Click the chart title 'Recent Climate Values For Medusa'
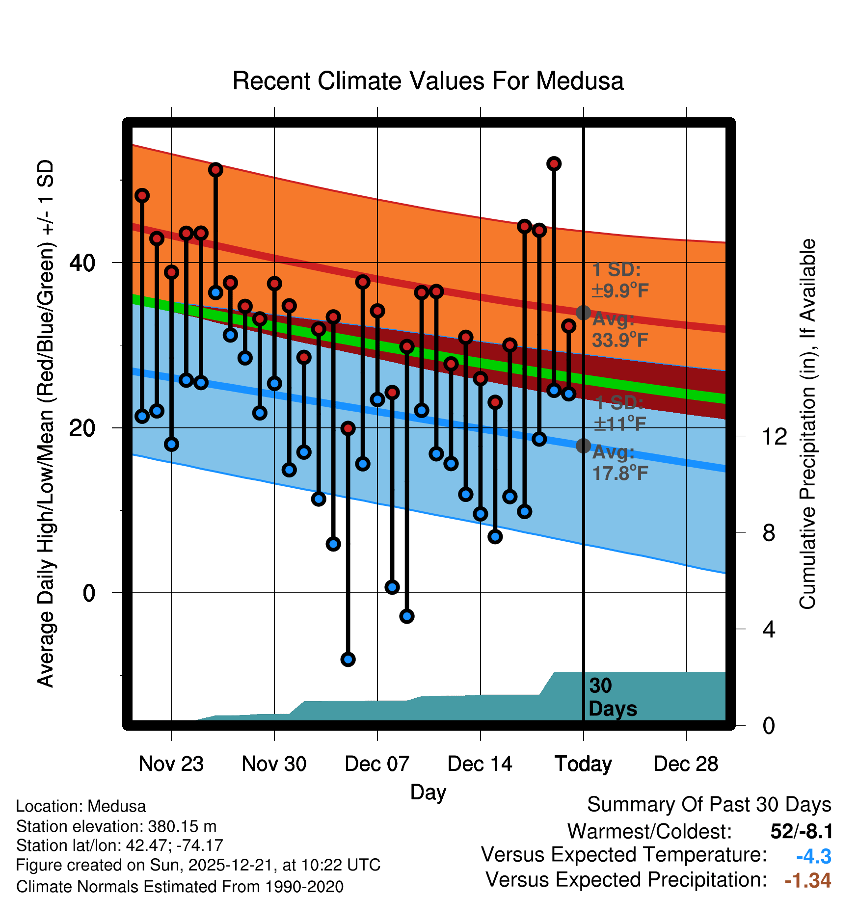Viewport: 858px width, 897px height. pos(428,81)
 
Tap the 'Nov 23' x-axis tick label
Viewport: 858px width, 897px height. pos(171,764)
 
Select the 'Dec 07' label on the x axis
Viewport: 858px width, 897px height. pos(377,764)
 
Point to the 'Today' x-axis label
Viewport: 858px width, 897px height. pos(583,764)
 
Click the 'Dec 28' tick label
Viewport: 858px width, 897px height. pos(686,764)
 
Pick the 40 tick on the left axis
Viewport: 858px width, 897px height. pos(82,263)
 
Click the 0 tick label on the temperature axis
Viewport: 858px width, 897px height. pos(89,593)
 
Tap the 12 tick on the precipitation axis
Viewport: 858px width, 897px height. pos(774,436)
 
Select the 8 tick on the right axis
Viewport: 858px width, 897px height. pos(769,533)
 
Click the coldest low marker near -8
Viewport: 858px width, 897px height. pos(348,660)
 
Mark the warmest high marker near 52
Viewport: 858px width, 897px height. pos(554,164)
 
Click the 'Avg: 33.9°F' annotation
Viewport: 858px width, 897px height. pos(620,330)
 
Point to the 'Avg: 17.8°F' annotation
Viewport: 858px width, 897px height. pos(620,463)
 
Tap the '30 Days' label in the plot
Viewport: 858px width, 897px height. pos(612,697)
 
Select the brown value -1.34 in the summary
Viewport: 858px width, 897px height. pos(807,880)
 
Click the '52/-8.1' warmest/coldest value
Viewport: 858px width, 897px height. pos(802,831)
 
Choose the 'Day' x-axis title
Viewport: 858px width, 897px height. pos(428,792)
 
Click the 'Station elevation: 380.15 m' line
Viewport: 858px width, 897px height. pos(116,826)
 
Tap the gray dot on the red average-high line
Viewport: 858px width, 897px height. pos(583,313)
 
